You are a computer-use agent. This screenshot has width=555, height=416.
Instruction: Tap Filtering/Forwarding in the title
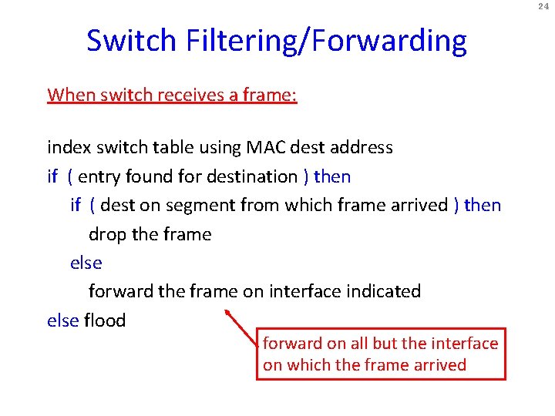(326, 41)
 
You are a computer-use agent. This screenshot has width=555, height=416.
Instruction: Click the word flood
(105, 320)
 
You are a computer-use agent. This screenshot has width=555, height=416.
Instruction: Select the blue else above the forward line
(86, 263)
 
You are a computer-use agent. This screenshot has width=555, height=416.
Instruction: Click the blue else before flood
(62, 320)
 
